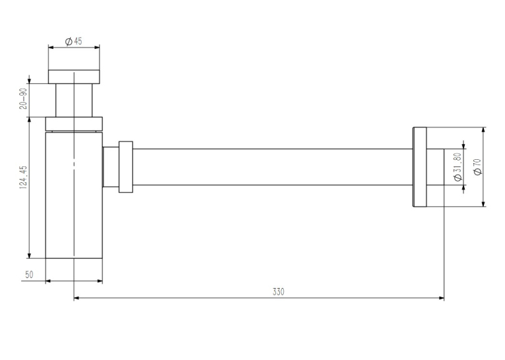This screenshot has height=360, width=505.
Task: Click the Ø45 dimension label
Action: tap(73, 41)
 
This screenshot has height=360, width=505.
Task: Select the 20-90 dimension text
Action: tap(23, 98)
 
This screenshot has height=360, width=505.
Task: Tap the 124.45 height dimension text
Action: tap(24, 177)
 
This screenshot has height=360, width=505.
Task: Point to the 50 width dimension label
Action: tap(29, 275)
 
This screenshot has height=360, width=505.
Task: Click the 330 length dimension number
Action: tap(279, 292)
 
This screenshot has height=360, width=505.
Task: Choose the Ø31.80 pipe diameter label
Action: tap(457, 166)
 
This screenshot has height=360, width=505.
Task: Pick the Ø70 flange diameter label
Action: tap(478, 166)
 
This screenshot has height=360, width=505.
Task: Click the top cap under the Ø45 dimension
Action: tap(74, 77)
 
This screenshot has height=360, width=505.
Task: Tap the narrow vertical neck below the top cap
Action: tap(74, 100)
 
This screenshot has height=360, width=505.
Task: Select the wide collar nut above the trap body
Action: tap(74, 124)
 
